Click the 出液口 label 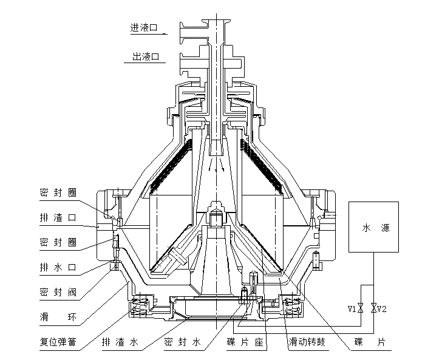coord(145,58)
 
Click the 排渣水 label coord(120,342)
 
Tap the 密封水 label coord(182,342)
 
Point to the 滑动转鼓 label coord(307,342)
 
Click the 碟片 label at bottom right coord(370,342)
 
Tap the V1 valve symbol coord(361,308)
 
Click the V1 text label coord(352,309)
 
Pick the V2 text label coord(382,309)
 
